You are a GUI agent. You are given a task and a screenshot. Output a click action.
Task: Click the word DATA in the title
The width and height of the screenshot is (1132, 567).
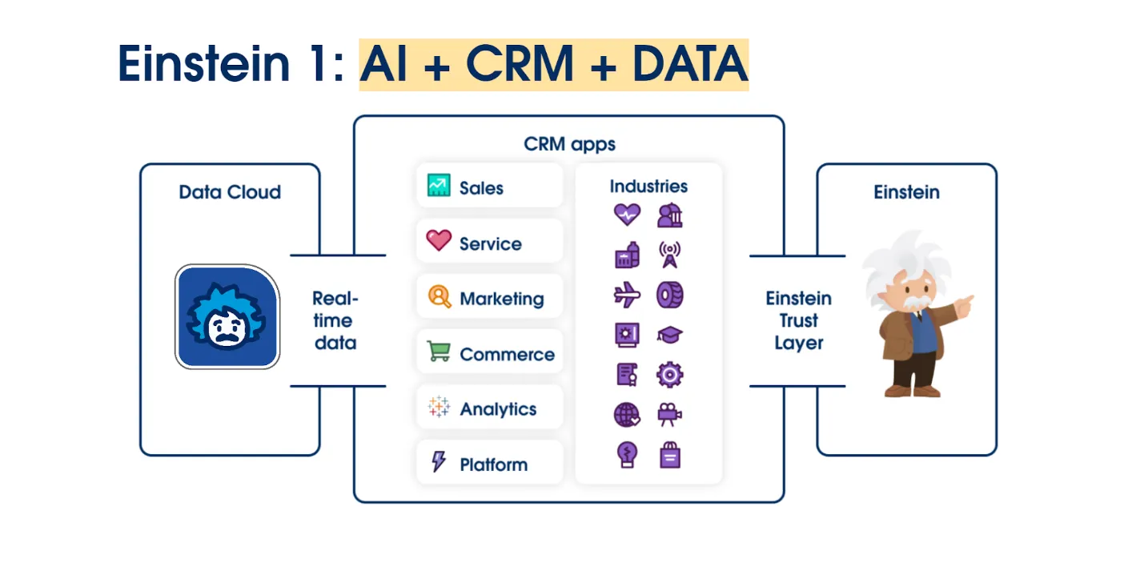[x=690, y=64]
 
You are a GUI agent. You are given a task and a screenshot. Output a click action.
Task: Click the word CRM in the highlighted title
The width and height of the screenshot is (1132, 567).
[x=520, y=64]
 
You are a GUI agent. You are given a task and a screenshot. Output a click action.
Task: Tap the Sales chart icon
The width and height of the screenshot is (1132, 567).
[x=439, y=186]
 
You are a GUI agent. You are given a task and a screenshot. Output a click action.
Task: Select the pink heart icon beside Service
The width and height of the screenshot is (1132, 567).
[x=439, y=240]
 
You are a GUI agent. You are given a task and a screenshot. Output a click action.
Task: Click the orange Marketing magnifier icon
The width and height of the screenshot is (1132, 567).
[x=440, y=296]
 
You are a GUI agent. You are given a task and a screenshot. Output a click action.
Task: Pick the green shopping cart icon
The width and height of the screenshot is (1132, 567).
[x=439, y=351]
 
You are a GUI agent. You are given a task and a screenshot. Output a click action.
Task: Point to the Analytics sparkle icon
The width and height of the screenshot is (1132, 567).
[x=439, y=406]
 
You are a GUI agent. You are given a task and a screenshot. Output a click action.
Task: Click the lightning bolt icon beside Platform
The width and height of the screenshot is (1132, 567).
[x=438, y=461]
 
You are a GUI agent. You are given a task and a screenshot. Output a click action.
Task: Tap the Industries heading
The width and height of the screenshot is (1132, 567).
[x=648, y=187]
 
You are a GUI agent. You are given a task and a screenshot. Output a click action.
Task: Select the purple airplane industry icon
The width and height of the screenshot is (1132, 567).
[x=627, y=295]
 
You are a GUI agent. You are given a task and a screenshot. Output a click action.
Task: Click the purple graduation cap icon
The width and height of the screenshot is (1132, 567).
[x=669, y=335]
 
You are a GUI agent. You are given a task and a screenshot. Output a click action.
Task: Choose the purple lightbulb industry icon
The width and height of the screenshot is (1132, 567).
[x=627, y=455]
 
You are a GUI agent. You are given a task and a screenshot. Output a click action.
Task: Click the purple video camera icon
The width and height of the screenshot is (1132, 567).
[x=669, y=415]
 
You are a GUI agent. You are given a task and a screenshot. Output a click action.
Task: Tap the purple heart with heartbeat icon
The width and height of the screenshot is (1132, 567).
[x=627, y=215]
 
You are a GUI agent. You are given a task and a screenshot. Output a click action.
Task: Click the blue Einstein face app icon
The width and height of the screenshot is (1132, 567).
[x=227, y=317]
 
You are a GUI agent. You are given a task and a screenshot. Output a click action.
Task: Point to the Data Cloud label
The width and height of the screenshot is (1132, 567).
[x=230, y=192]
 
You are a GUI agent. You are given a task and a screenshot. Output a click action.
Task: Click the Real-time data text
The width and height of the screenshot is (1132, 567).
[x=335, y=320]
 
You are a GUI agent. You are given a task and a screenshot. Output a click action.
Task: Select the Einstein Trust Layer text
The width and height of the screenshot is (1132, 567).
[x=798, y=320]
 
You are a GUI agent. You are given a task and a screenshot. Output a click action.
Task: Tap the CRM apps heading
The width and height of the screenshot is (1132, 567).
[x=569, y=144]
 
